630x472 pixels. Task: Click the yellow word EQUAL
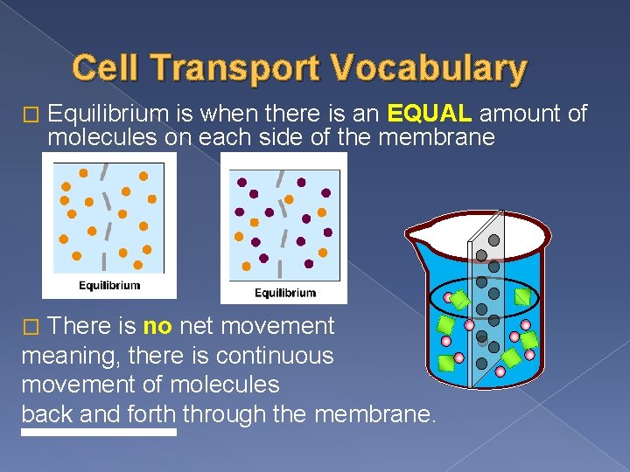(430, 113)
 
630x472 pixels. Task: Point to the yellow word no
(157, 327)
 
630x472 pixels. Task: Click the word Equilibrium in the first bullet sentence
(108, 113)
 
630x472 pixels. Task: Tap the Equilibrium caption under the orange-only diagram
(109, 286)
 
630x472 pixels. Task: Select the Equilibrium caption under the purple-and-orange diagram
(284, 292)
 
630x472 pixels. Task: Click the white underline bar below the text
(99, 432)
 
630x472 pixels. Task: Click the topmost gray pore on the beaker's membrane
(493, 239)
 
